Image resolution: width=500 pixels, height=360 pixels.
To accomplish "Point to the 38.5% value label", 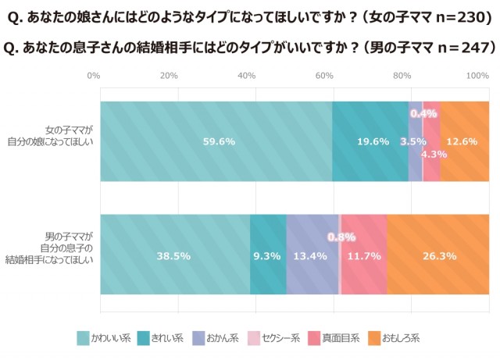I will pos(174,255).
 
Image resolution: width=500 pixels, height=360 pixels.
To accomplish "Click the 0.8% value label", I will pos(341,237).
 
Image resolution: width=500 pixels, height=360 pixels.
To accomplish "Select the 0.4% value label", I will pos(423,113).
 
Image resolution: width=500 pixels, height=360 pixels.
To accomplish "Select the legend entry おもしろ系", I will pos(396,338).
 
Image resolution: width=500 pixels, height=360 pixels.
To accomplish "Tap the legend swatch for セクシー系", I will pos(255,338).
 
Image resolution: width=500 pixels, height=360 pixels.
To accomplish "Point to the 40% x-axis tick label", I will pos(247,76).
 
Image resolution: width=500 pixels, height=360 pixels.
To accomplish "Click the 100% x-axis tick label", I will pos(477,76).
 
